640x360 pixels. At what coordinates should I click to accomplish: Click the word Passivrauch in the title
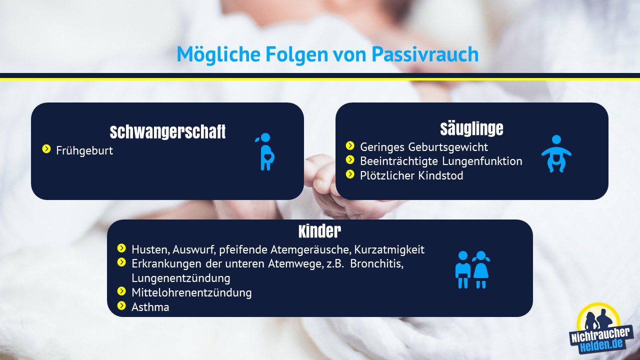(425, 54)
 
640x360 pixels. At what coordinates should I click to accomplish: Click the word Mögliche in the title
(218, 54)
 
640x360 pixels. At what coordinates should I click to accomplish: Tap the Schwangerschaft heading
(167, 131)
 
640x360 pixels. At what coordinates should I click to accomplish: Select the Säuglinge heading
(471, 128)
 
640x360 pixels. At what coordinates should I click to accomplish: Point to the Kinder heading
(319, 231)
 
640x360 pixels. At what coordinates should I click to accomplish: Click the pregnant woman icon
(265, 151)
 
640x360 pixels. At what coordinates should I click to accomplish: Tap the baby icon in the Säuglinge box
(556, 153)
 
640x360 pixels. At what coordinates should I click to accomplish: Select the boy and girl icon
(472, 269)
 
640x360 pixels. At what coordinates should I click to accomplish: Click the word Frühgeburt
(84, 150)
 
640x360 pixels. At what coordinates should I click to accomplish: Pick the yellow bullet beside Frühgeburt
(46, 149)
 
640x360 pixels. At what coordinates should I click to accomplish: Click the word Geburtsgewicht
(448, 147)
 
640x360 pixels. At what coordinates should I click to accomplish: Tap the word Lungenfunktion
(482, 161)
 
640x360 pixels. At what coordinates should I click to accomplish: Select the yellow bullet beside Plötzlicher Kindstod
(350, 174)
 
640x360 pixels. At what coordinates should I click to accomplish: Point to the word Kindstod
(441, 175)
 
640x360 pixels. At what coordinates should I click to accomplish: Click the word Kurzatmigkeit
(389, 249)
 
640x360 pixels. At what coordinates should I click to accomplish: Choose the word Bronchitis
(377, 264)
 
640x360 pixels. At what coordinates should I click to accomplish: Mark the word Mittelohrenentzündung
(191, 292)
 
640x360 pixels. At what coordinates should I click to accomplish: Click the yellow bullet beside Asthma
(121, 305)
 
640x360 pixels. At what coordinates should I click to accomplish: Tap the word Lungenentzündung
(181, 278)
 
